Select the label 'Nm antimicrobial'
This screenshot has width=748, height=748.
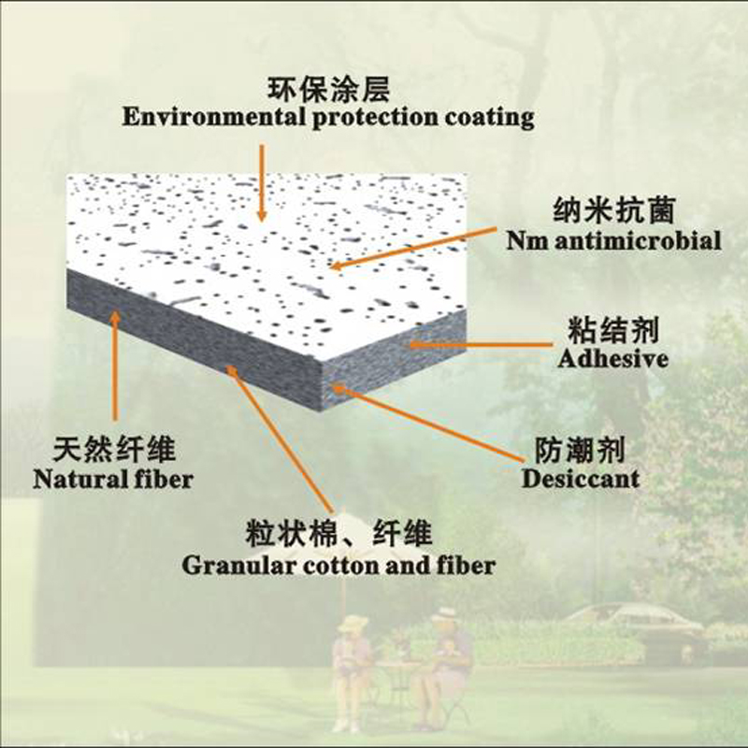point(612,241)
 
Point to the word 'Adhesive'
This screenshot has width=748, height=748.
point(611,358)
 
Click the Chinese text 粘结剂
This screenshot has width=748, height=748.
point(612,330)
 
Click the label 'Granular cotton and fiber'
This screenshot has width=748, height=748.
point(338,565)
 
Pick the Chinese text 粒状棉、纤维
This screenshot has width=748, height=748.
point(338,536)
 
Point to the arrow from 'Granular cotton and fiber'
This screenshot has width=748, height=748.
point(280,439)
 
